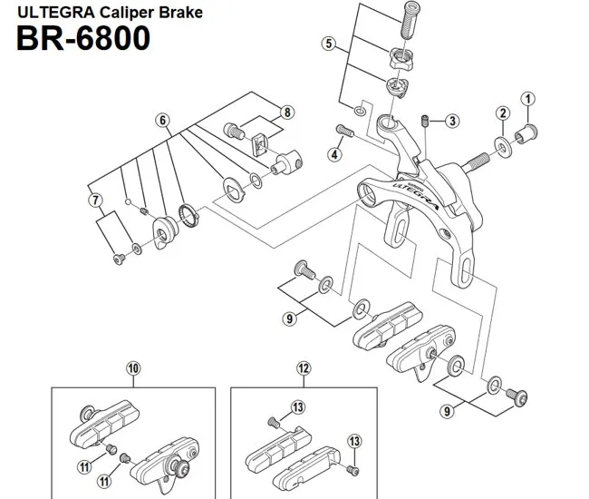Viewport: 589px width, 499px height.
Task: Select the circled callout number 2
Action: (x=499, y=113)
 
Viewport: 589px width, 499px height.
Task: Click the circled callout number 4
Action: (x=334, y=154)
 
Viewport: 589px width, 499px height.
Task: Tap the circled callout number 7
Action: (x=92, y=199)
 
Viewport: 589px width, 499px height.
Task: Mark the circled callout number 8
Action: (x=287, y=113)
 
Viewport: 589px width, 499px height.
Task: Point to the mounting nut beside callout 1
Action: (x=526, y=136)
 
